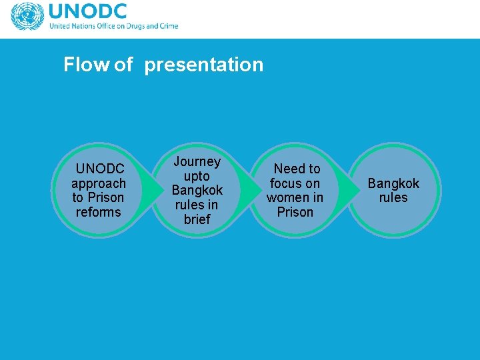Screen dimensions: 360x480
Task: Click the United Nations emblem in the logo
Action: click(x=27, y=17)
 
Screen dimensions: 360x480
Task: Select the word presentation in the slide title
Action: click(x=203, y=65)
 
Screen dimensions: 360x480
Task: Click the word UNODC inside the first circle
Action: click(x=100, y=169)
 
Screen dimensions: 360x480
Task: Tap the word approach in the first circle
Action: click(x=99, y=183)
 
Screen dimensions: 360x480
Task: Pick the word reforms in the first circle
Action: click(x=99, y=212)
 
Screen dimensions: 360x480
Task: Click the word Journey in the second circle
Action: click(x=197, y=161)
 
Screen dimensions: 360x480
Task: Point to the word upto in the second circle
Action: click(x=197, y=176)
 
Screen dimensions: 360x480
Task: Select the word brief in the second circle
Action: click(x=197, y=219)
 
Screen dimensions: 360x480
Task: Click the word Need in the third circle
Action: click(x=288, y=169)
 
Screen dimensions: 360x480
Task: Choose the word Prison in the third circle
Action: click(x=295, y=212)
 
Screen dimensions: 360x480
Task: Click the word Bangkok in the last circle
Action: click(x=393, y=183)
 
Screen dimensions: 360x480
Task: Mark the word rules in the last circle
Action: click(x=393, y=198)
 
